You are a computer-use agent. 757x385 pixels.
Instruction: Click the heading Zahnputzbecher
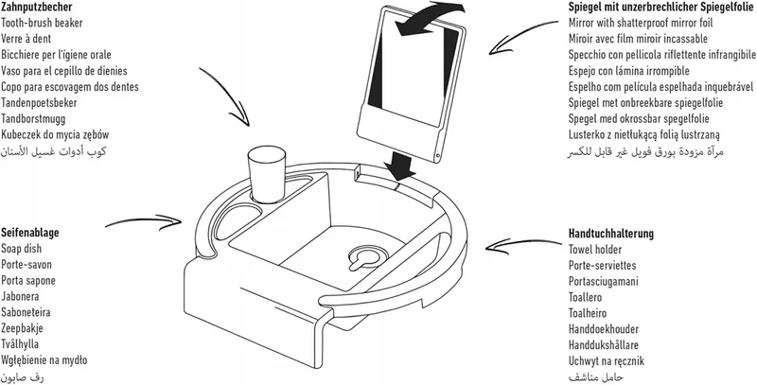coord(37,8)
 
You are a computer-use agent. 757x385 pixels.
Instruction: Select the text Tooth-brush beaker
coord(42,23)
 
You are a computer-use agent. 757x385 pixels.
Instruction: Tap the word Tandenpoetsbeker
coord(39,103)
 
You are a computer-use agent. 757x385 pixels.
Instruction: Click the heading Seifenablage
coord(30,233)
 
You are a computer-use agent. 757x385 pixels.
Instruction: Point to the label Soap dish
coord(21,249)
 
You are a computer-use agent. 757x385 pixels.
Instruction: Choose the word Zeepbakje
coord(22,328)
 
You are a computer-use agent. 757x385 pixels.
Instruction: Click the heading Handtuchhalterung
coord(611,234)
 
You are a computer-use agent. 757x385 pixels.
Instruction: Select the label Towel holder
coord(595,250)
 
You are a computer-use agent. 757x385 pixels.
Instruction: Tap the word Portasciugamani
coord(603,281)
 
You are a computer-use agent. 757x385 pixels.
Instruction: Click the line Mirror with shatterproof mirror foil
coord(641,23)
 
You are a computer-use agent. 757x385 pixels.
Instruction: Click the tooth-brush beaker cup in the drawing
coord(266,176)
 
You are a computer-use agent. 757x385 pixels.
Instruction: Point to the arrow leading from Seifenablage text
coord(145,222)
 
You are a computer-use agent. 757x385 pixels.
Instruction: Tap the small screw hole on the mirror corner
coord(437,155)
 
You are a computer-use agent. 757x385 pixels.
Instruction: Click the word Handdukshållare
coord(604,345)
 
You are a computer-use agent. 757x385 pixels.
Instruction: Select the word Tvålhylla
coord(20,344)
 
